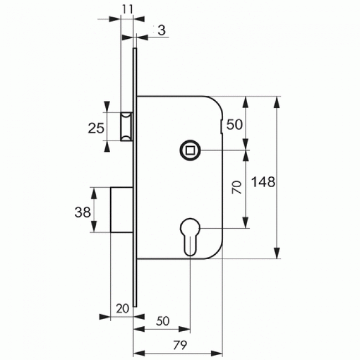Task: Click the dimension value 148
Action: [x=263, y=182]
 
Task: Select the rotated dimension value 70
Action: [x=236, y=187]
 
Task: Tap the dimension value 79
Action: [x=180, y=345]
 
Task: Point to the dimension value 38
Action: [x=83, y=212]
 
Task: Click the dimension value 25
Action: [x=96, y=128]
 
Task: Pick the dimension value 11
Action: [x=127, y=9]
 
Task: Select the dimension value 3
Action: [x=162, y=30]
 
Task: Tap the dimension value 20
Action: [x=122, y=308]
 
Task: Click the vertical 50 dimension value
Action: [x=234, y=125]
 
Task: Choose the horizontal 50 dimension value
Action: [x=163, y=321]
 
